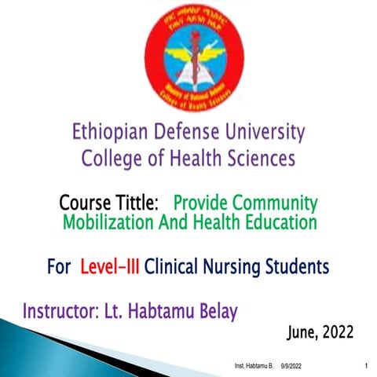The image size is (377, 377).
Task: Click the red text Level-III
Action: point(110,267)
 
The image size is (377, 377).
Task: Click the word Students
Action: point(299,267)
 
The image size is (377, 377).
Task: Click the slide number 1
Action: point(367,367)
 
